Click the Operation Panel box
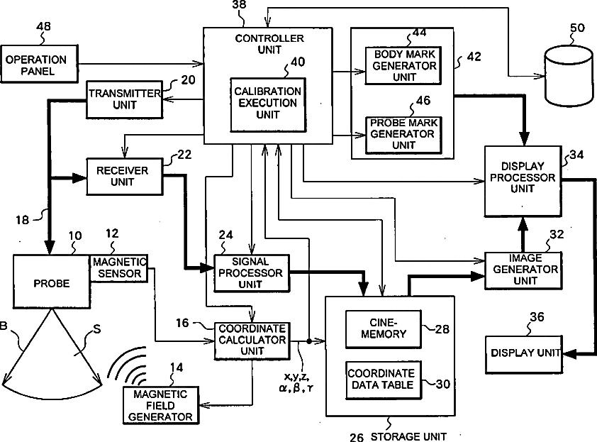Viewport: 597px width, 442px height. tap(39, 64)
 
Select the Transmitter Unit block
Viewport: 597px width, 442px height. tap(125, 99)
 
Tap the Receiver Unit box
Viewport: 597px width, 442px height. tap(125, 177)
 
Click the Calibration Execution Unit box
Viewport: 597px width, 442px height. tap(268, 105)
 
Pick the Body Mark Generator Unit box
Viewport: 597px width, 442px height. tap(403, 65)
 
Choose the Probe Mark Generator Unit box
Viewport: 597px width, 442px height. tap(403, 135)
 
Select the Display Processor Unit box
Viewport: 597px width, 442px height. tap(523, 181)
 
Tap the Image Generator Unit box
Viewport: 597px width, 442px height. tap(523, 270)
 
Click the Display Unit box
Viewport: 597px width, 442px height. tap(524, 354)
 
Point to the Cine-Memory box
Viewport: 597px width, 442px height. tap(384, 328)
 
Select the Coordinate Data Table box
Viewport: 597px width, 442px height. tap(384, 380)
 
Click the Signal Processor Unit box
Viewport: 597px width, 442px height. tap(252, 273)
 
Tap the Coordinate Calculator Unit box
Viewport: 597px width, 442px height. tap(252, 341)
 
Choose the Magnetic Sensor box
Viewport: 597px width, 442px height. tap(119, 268)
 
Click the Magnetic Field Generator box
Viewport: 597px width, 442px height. tap(161, 405)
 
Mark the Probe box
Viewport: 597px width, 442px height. tap(52, 282)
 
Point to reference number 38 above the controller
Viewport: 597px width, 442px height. tap(239, 5)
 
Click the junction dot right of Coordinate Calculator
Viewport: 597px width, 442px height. tap(309, 341)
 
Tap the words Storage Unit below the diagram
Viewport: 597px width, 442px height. tap(408, 436)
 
